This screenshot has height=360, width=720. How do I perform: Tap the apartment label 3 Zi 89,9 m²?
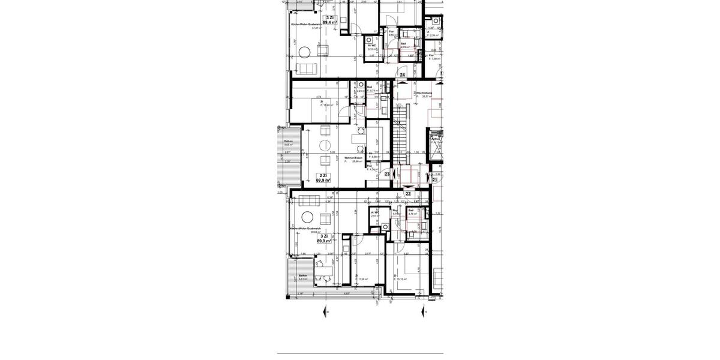coord(324,239)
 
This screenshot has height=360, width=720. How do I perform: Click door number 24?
coord(403,75)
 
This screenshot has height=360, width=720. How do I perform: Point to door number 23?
coord(387,174)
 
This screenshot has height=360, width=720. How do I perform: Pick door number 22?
coord(408,193)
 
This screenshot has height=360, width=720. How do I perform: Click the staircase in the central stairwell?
coord(400,129)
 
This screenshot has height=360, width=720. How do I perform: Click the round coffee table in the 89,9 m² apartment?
coord(308,217)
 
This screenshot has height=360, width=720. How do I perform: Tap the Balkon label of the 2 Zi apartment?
coord(289,142)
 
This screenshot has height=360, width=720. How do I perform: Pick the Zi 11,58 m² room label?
coord(362,278)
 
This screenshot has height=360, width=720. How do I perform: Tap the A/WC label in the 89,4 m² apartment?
coord(372,46)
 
